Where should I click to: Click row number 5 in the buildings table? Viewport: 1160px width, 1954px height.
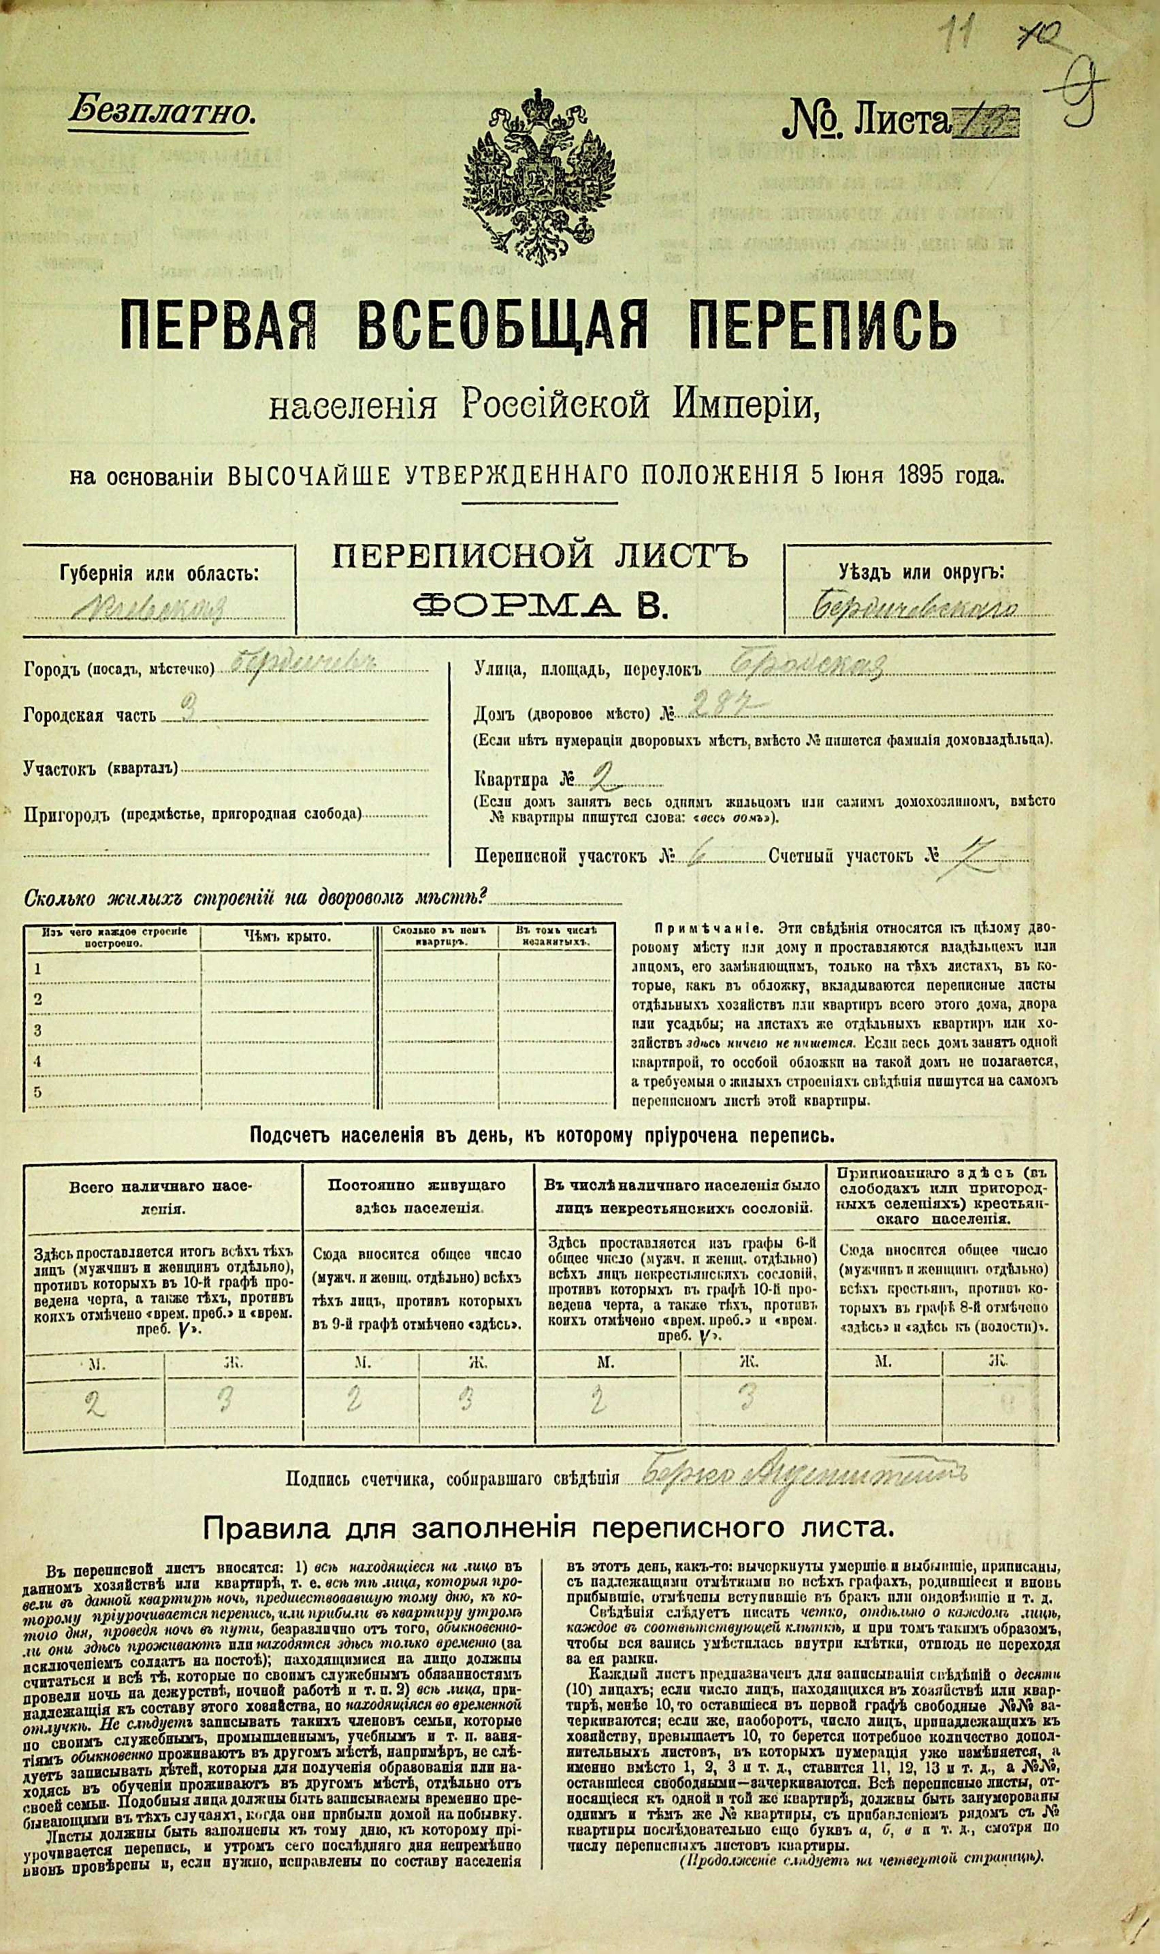37,1092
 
